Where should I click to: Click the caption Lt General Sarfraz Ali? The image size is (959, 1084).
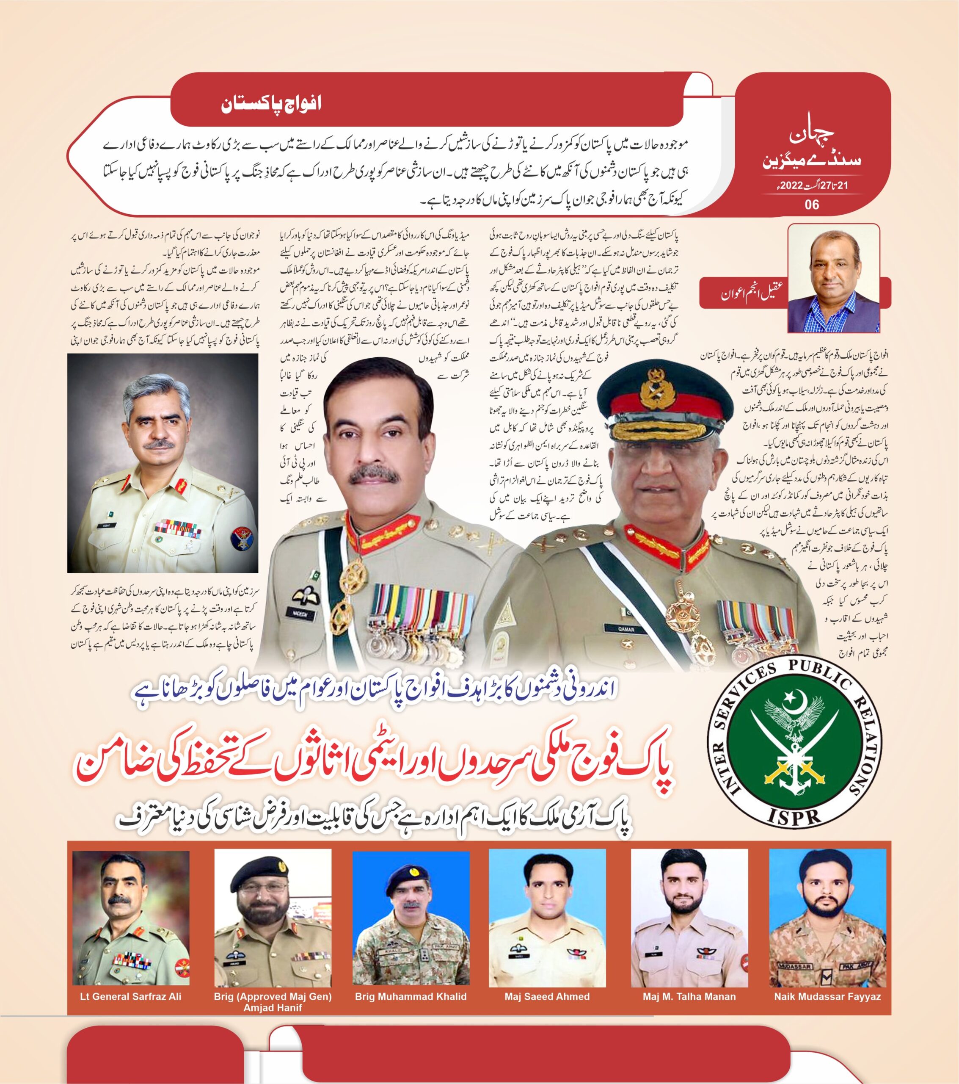[x=130, y=996]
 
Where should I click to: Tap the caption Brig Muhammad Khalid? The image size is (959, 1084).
[x=411, y=996]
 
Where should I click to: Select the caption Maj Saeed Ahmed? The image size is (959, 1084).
[x=547, y=996]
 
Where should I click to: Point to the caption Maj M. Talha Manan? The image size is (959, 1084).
[x=689, y=996]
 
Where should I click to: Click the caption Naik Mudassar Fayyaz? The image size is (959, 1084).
[x=827, y=996]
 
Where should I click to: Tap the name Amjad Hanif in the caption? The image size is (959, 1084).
[x=273, y=1008]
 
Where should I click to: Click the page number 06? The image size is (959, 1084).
[x=812, y=204]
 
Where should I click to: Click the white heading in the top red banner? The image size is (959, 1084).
[x=271, y=103]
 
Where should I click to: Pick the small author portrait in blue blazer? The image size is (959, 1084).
[x=833, y=279]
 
